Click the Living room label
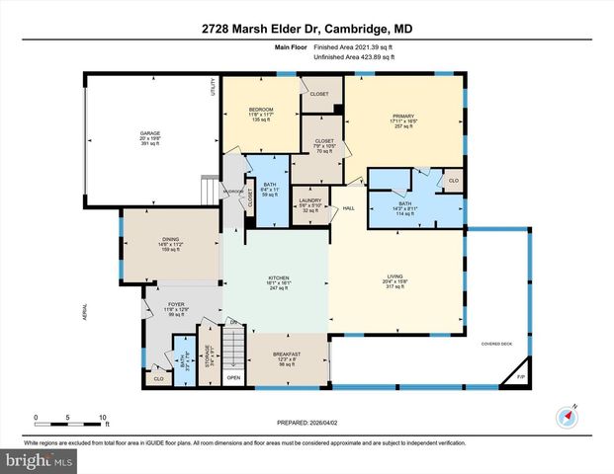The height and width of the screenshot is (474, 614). (395, 282)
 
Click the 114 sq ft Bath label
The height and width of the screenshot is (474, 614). (406, 209)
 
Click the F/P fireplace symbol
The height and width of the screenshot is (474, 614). (521, 377)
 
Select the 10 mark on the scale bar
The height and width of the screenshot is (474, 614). (102, 418)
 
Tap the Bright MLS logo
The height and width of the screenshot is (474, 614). (38, 461)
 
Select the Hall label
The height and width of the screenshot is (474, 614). (348, 208)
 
